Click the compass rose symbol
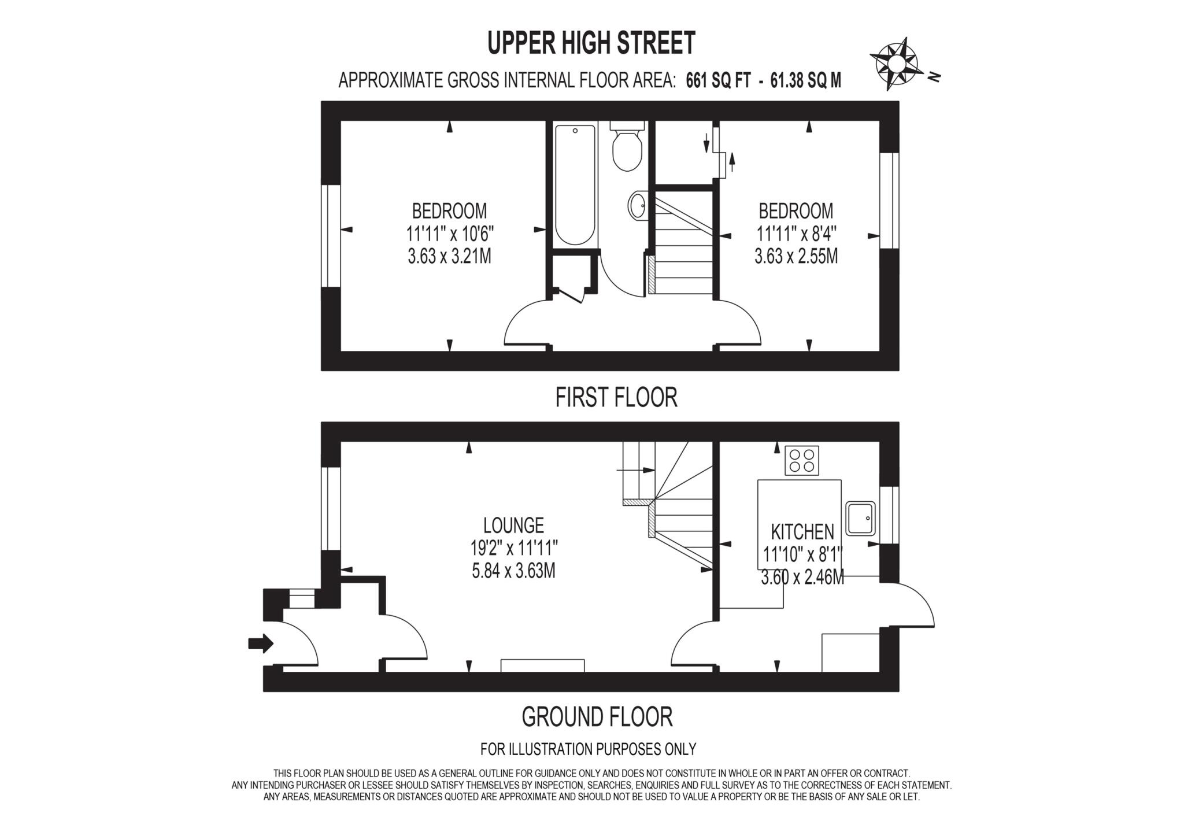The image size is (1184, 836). pos(895,63)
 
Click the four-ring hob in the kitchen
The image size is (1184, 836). pos(802,461)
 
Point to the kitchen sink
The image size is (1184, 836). pos(860,518)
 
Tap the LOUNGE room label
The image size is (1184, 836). pos(513,525)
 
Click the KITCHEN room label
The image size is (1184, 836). pos(802,531)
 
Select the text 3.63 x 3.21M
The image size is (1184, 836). pos(449,256)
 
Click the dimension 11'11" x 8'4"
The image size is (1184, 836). pos(797,234)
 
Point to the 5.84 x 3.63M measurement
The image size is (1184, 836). pos(513,571)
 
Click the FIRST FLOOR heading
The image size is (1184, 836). pos(616,398)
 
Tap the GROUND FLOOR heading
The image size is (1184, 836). pos(597,717)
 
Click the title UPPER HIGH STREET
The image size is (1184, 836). pos(591,43)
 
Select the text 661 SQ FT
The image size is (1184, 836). pos(717,81)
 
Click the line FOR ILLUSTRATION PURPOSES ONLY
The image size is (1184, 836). pos(588,749)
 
